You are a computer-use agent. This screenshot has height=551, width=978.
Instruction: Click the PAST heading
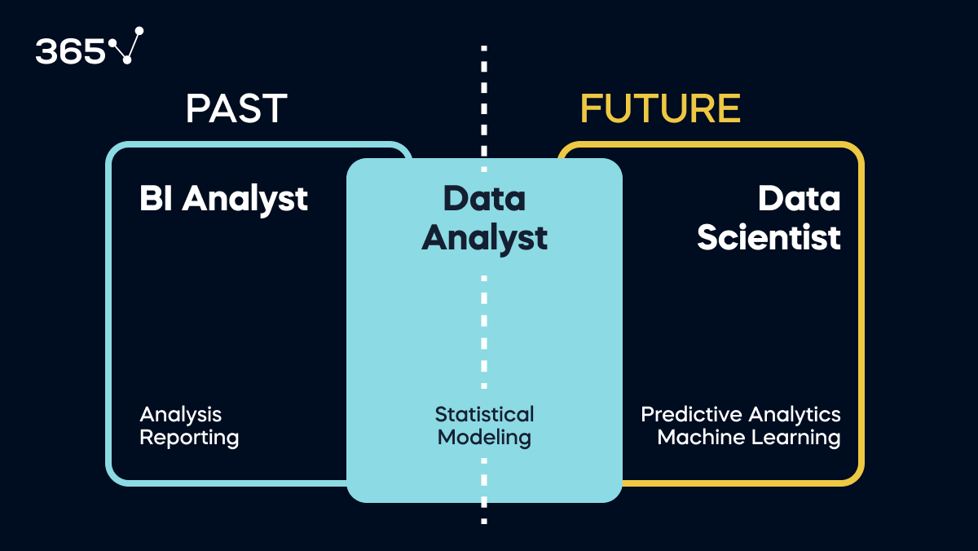click(236, 108)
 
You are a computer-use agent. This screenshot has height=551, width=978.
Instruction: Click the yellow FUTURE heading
click(660, 108)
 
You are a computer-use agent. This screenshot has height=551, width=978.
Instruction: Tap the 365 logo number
click(71, 52)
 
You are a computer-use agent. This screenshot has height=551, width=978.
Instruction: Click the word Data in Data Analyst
click(484, 198)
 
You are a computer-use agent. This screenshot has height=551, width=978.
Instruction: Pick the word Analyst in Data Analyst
click(484, 238)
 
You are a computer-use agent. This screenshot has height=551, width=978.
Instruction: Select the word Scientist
click(769, 237)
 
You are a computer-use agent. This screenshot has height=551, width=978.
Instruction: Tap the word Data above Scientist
click(799, 198)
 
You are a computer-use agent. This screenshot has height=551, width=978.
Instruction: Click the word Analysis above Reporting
click(180, 415)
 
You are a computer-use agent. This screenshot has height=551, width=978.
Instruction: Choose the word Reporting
click(189, 438)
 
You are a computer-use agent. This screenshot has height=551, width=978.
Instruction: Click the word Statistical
click(484, 414)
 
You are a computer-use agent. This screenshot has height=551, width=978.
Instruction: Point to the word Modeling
click(484, 438)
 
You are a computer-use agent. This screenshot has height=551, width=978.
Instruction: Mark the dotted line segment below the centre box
click(484, 514)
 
